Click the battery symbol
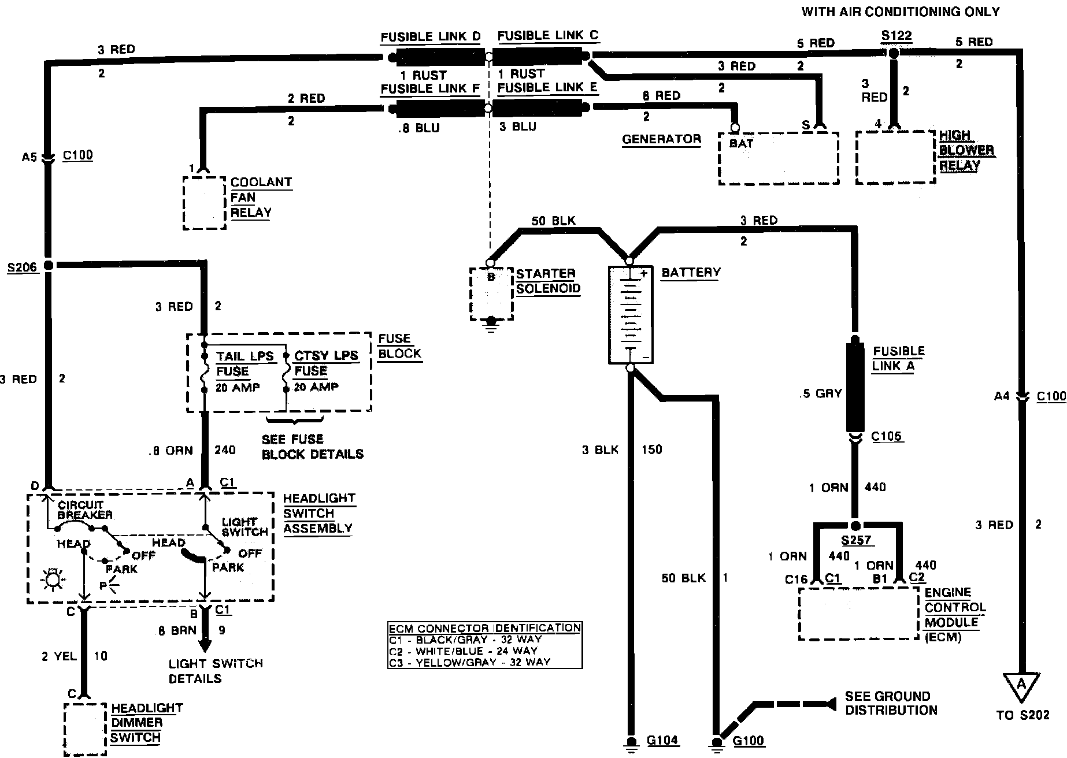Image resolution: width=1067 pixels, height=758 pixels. point(631,315)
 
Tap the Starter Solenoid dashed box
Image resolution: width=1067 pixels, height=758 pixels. point(491,293)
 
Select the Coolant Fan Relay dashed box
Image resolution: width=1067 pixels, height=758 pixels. point(204,203)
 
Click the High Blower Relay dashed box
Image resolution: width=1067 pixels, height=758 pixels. point(895,157)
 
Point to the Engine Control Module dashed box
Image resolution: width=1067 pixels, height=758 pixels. point(858,614)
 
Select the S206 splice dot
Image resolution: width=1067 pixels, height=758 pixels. point(49,265)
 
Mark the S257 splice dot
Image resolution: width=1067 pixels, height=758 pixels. point(856,525)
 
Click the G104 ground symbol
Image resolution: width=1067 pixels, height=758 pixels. point(631,742)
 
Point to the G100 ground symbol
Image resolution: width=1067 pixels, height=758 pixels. point(717,742)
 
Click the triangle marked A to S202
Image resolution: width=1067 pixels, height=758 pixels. point(1021,686)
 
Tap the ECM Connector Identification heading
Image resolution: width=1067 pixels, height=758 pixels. point(484,628)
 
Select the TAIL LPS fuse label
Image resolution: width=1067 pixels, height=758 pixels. point(244,356)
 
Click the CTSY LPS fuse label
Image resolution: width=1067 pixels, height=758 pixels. point(326,355)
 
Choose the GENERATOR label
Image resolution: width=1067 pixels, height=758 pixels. point(661,139)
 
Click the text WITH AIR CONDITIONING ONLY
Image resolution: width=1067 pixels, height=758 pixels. point(900,12)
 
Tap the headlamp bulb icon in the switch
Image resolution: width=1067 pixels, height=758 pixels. point(53,579)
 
